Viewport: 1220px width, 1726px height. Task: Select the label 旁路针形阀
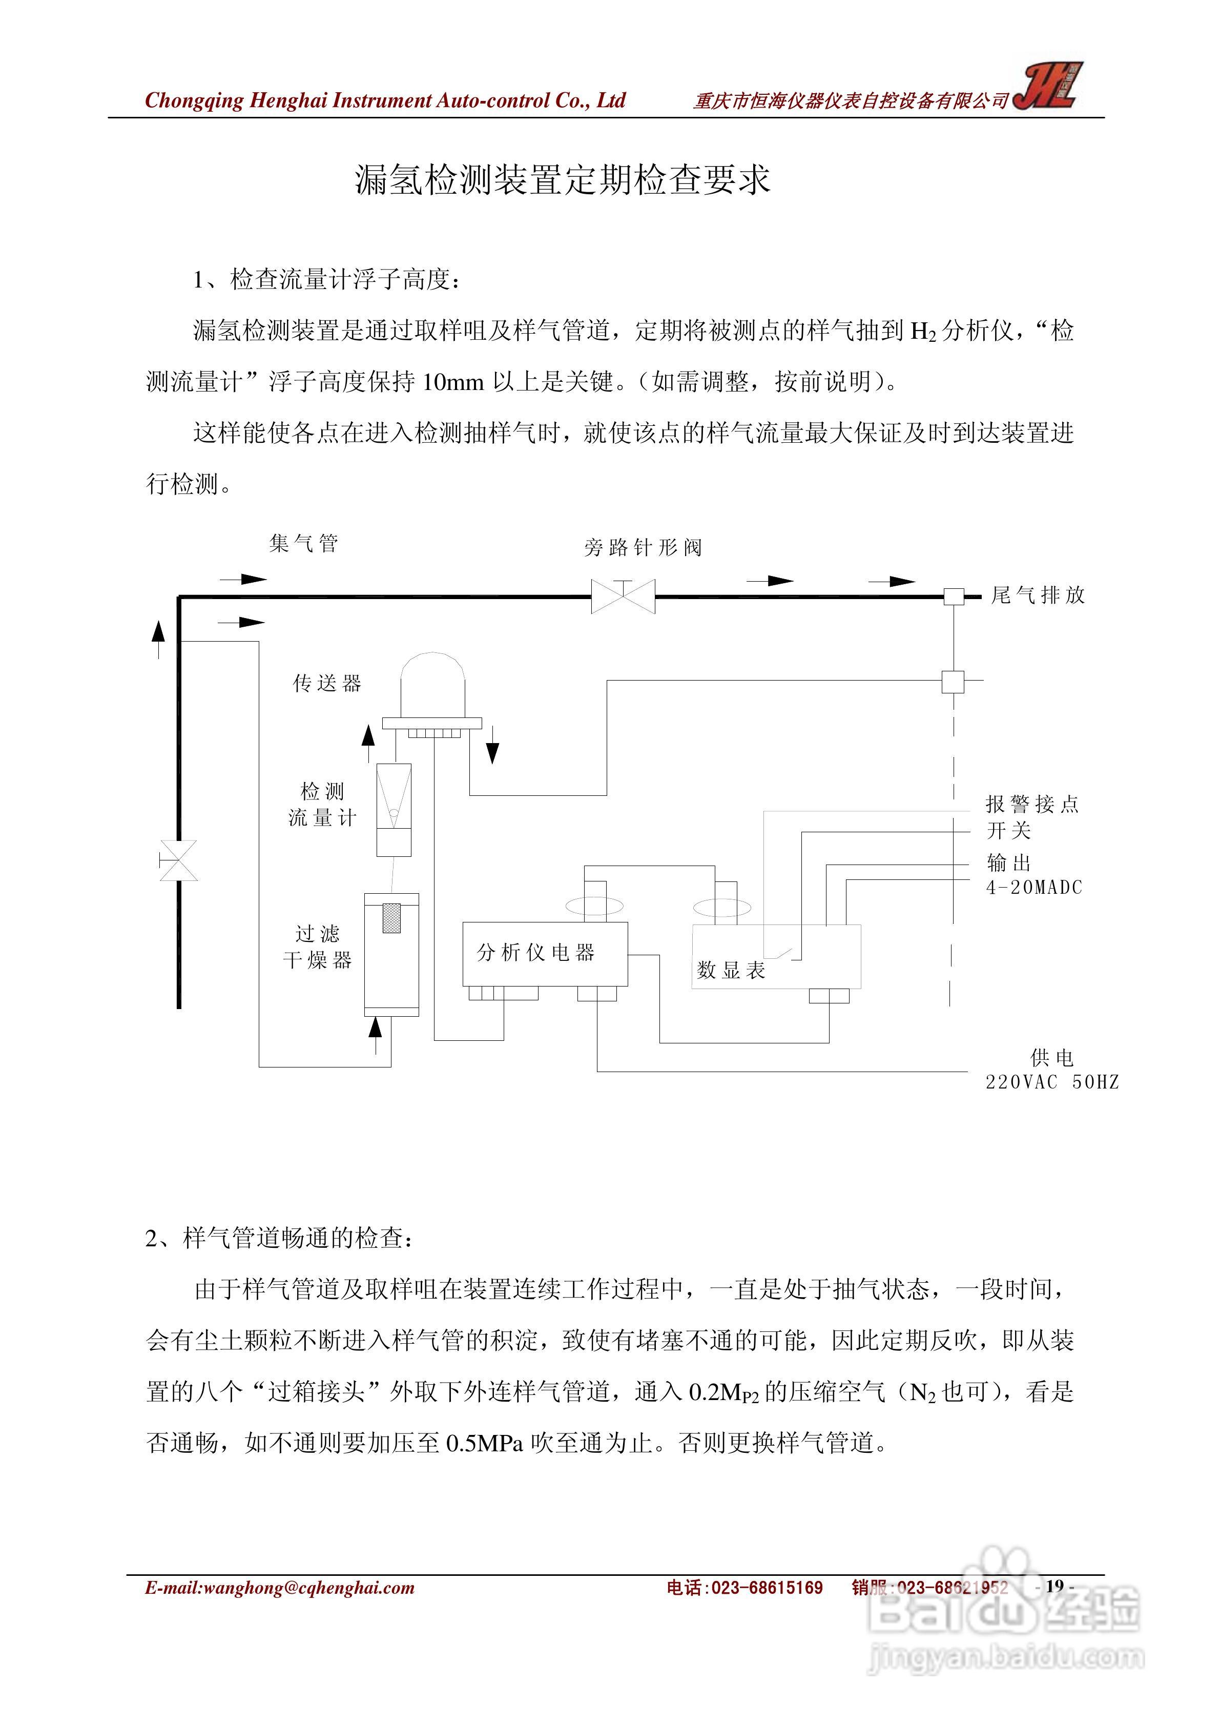coord(643,547)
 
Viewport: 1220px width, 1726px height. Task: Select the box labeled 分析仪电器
coord(544,953)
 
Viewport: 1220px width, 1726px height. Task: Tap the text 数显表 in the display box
coord(731,971)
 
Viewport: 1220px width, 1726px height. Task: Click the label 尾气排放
coord(1038,595)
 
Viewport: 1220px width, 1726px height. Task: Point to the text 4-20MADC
coord(1033,888)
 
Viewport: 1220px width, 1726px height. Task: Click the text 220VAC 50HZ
coord(1051,1082)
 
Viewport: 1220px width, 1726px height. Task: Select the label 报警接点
coord(1032,805)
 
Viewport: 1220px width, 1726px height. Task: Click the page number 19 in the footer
coord(1054,1586)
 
